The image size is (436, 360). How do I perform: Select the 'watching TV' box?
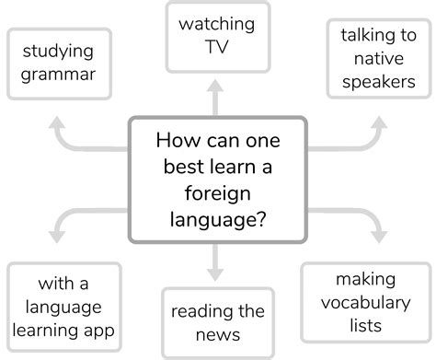217,37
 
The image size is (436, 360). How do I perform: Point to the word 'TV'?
217,48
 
